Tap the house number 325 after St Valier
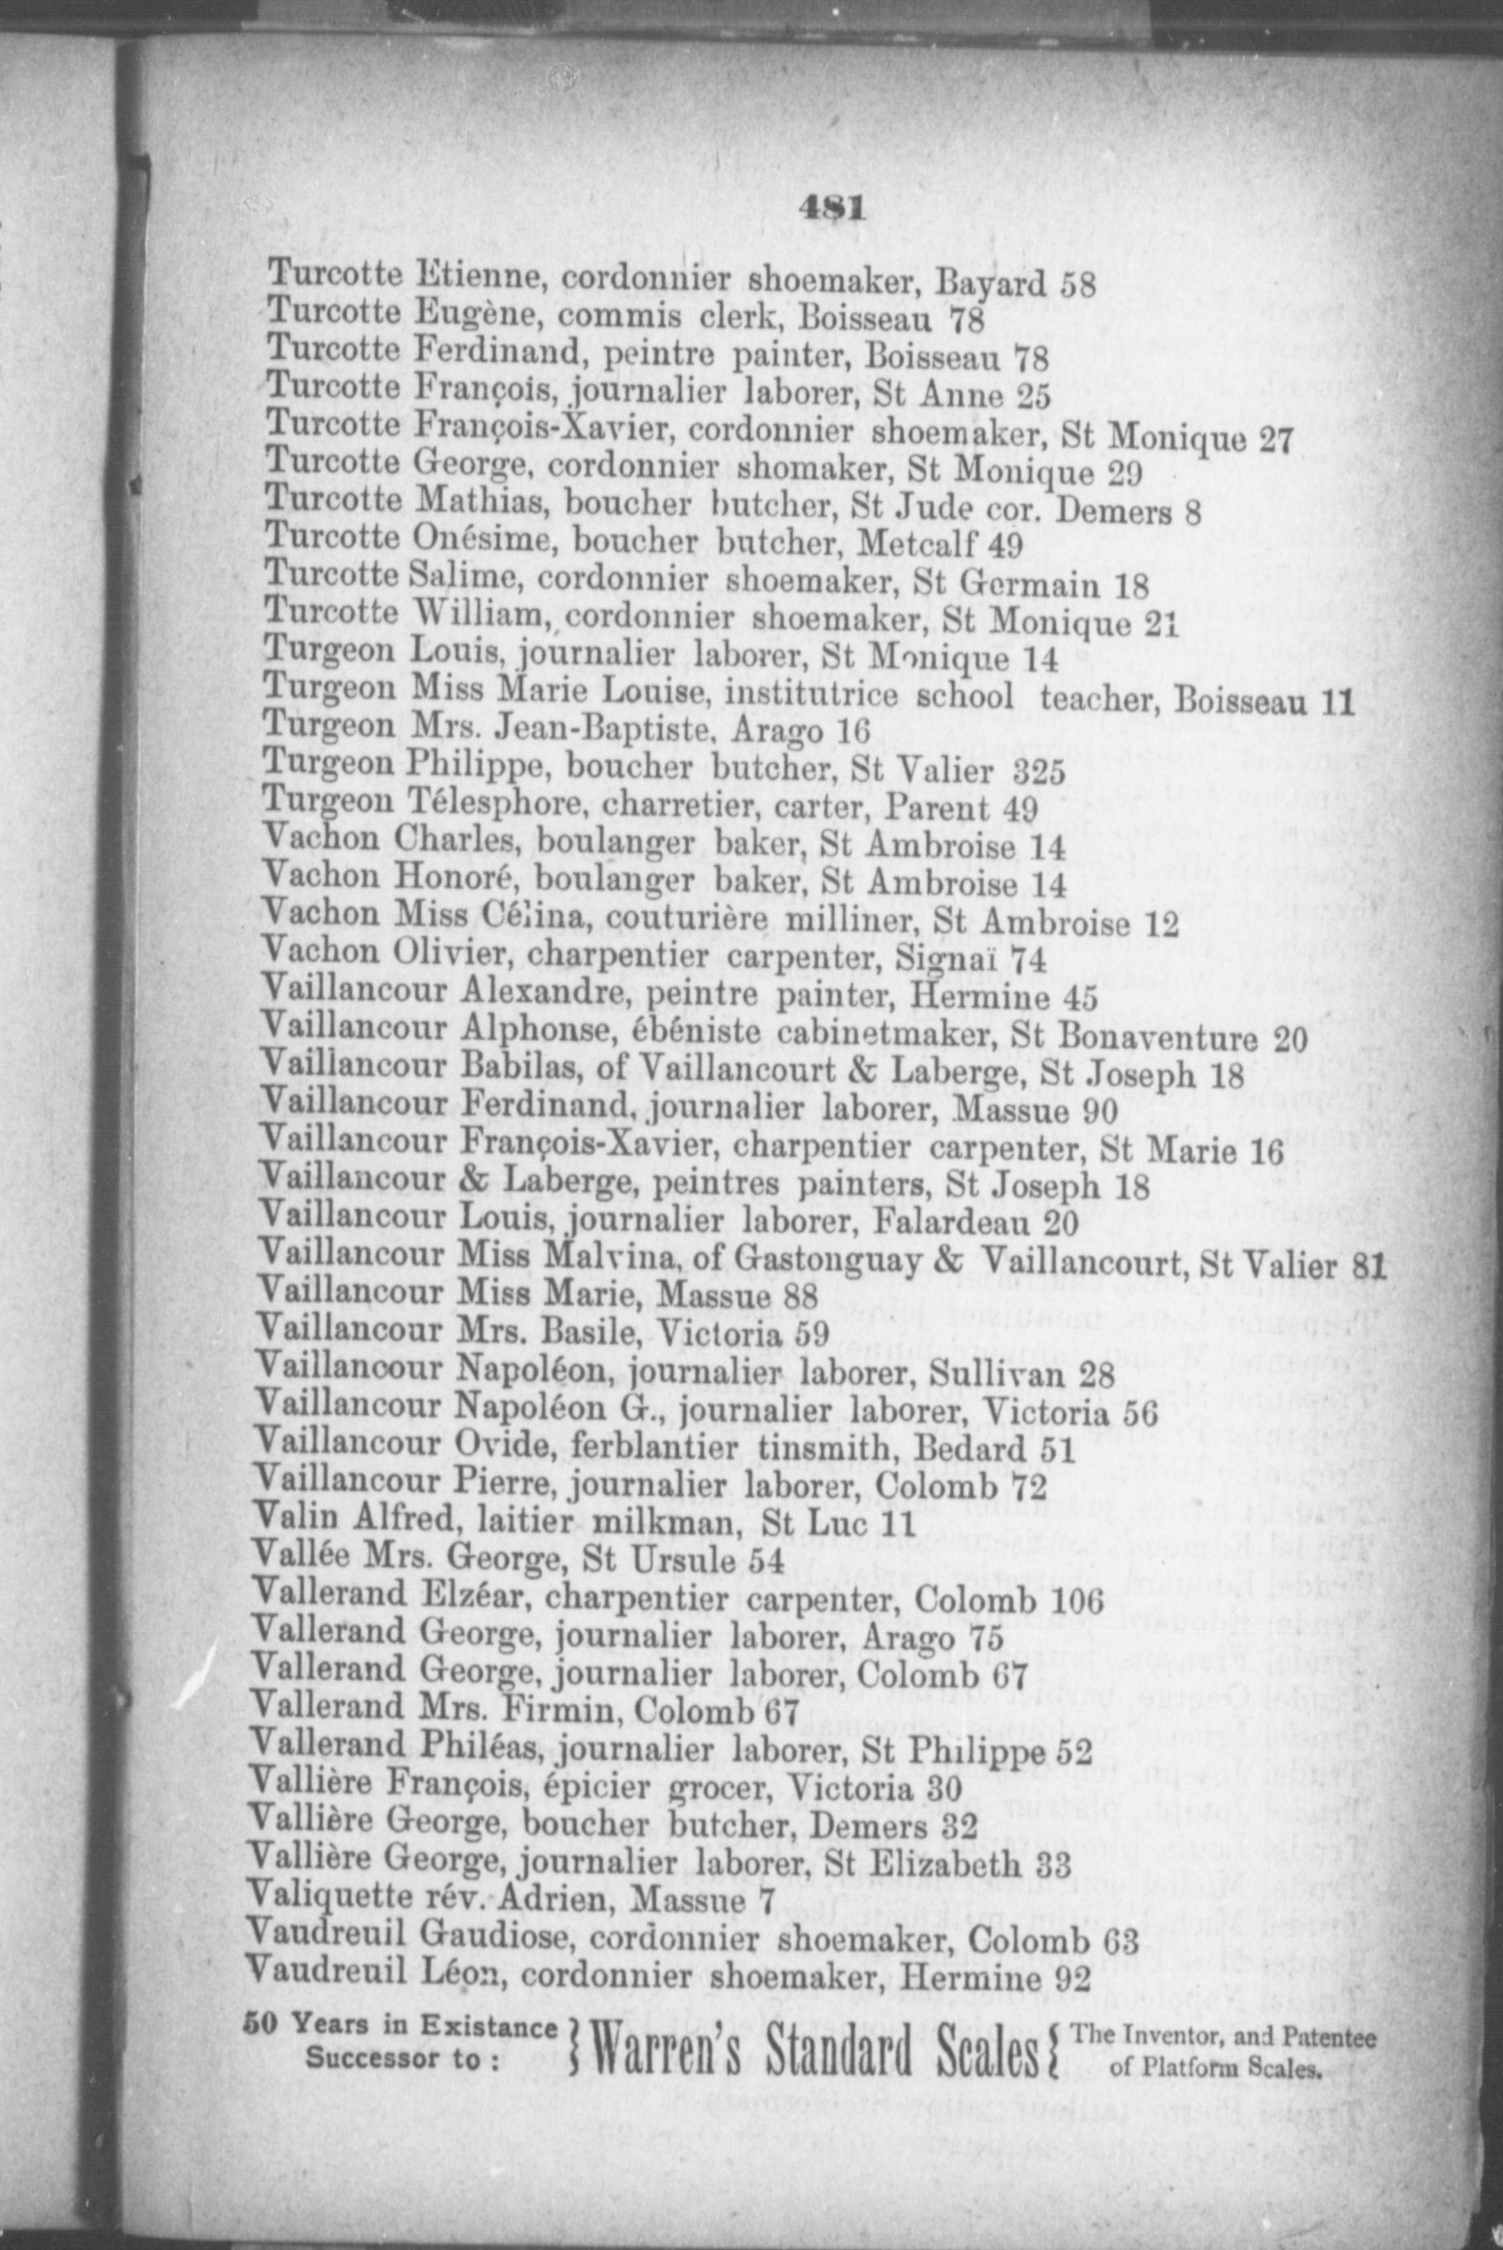tap(1040, 773)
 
